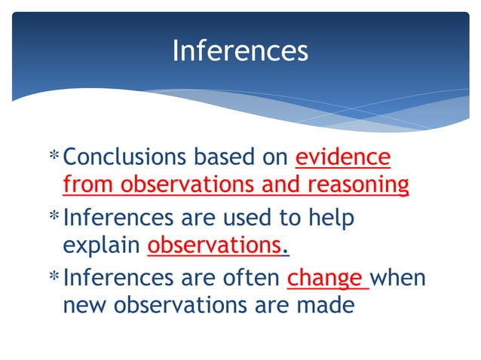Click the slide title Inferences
pos(240,51)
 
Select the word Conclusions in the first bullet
pos(125,157)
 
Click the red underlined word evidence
pos(343,157)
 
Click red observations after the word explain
pos(214,246)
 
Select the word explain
pos(102,246)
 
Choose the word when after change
pos(397,279)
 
